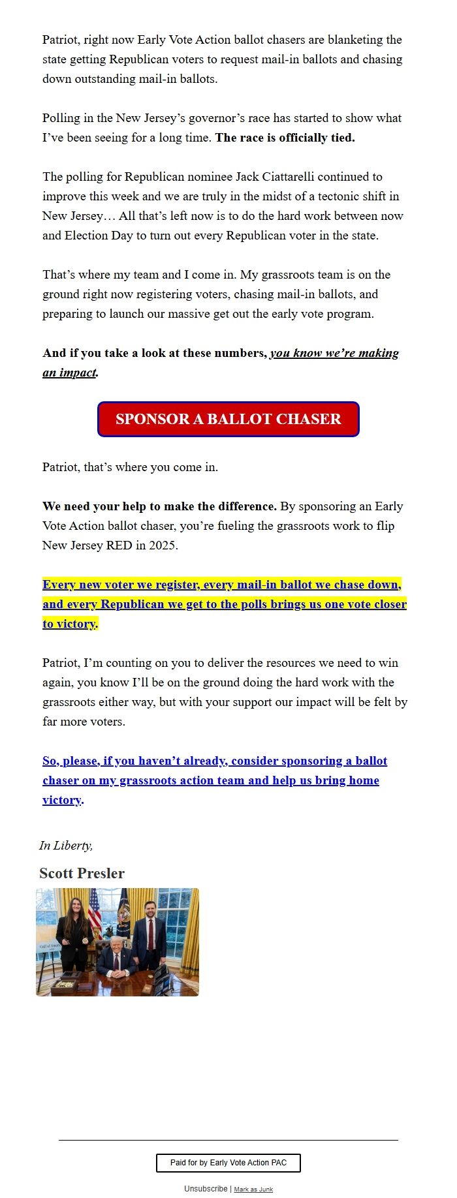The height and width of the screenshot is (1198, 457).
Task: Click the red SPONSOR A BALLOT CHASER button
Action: click(x=228, y=419)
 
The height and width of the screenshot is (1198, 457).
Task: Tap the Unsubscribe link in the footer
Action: click(x=206, y=1189)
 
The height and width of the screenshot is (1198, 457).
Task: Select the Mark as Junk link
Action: click(x=253, y=1190)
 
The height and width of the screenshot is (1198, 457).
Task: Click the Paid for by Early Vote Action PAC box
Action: click(x=228, y=1163)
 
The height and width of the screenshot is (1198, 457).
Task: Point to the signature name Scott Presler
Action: click(x=82, y=873)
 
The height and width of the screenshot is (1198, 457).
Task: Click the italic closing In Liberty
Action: click(x=66, y=846)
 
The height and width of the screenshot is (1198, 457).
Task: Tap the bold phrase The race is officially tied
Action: click(x=285, y=138)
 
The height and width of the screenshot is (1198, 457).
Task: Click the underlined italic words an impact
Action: click(x=69, y=373)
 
